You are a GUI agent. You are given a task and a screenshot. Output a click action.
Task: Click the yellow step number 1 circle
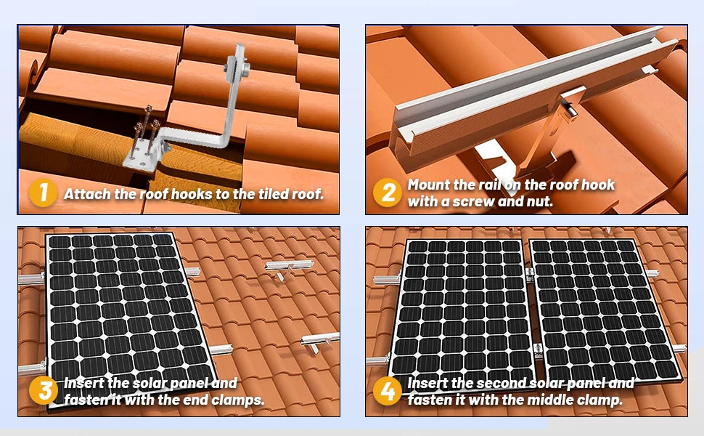[44, 193]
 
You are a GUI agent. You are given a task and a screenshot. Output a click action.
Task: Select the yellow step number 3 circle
[44, 391]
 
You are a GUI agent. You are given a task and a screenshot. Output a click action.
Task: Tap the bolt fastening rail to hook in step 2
[570, 108]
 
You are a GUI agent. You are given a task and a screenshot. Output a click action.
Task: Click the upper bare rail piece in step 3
[279, 266]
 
